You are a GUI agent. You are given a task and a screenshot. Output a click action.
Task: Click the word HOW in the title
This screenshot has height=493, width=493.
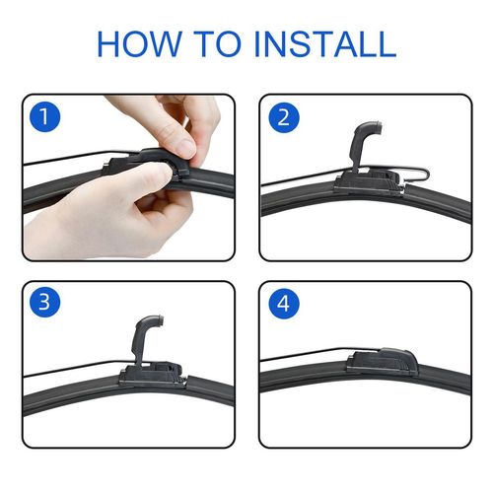click(x=139, y=43)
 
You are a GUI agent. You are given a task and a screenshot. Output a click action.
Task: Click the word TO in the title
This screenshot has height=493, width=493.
click(x=217, y=43)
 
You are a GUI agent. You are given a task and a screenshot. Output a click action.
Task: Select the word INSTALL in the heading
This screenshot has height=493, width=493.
click(x=325, y=43)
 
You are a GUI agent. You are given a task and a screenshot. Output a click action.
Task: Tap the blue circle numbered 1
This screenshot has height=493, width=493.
click(x=44, y=116)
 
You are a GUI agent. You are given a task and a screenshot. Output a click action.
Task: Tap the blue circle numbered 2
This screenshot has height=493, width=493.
click(x=284, y=117)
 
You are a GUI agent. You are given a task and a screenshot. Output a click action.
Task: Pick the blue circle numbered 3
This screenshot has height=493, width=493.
click(x=44, y=302)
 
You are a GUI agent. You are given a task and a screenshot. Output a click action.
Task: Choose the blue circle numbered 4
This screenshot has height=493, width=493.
click(x=284, y=304)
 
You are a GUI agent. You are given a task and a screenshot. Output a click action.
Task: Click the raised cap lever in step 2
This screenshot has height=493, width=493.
click(x=363, y=145)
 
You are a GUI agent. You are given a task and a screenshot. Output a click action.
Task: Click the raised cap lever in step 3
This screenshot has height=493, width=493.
click(x=145, y=338)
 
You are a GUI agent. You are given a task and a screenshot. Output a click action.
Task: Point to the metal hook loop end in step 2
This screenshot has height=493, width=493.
click(x=427, y=175)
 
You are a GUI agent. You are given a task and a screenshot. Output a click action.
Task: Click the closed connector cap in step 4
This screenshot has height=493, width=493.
click(x=383, y=362)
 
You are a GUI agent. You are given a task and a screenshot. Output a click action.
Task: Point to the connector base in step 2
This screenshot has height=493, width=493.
click(x=369, y=183)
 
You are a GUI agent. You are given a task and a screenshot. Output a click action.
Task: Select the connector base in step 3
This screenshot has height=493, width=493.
click(x=152, y=375)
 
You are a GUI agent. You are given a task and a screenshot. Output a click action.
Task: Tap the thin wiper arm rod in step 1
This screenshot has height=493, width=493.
click(x=82, y=156)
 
